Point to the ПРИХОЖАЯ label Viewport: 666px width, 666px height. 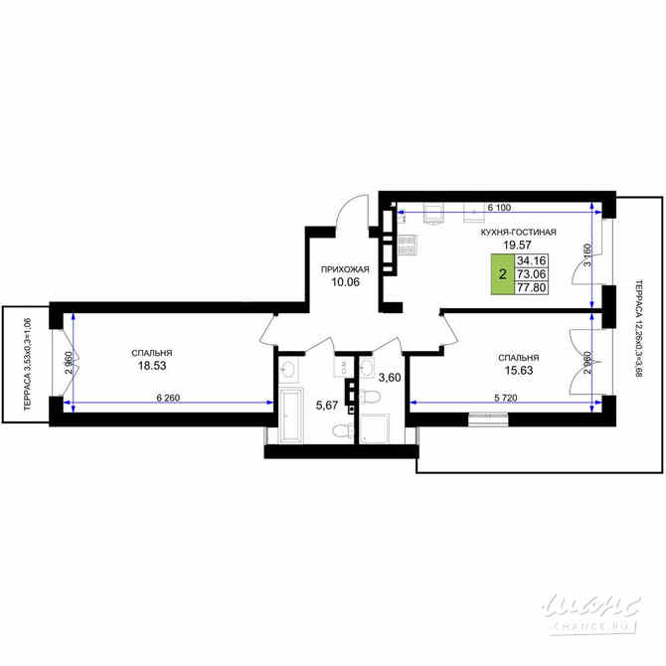coord(345,269)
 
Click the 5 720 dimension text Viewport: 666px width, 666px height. coord(509,397)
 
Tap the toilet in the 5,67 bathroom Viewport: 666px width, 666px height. coord(339,430)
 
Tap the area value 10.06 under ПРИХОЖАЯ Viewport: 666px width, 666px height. coord(345,282)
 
